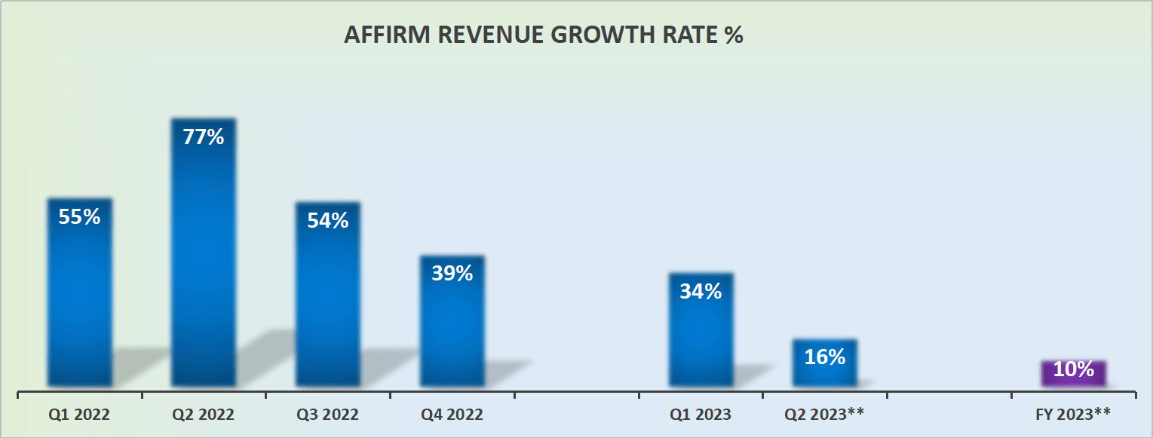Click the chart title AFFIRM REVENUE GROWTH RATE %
point(544,35)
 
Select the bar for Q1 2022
point(80,293)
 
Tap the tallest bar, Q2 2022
point(204,253)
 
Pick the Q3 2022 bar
point(328,295)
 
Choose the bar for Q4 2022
point(452,321)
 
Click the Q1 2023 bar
point(701,330)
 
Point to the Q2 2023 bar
point(825,363)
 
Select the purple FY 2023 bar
point(1074,374)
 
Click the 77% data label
point(204,137)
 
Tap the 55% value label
point(79,216)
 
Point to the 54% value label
point(328,220)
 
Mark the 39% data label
point(452,274)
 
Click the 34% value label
point(701,291)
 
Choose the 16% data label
point(825,357)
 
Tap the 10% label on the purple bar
point(1074,369)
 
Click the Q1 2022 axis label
point(79,415)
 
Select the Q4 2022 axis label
point(452,415)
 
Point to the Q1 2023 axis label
point(701,415)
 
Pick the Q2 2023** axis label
point(824,415)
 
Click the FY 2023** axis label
point(1073,415)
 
